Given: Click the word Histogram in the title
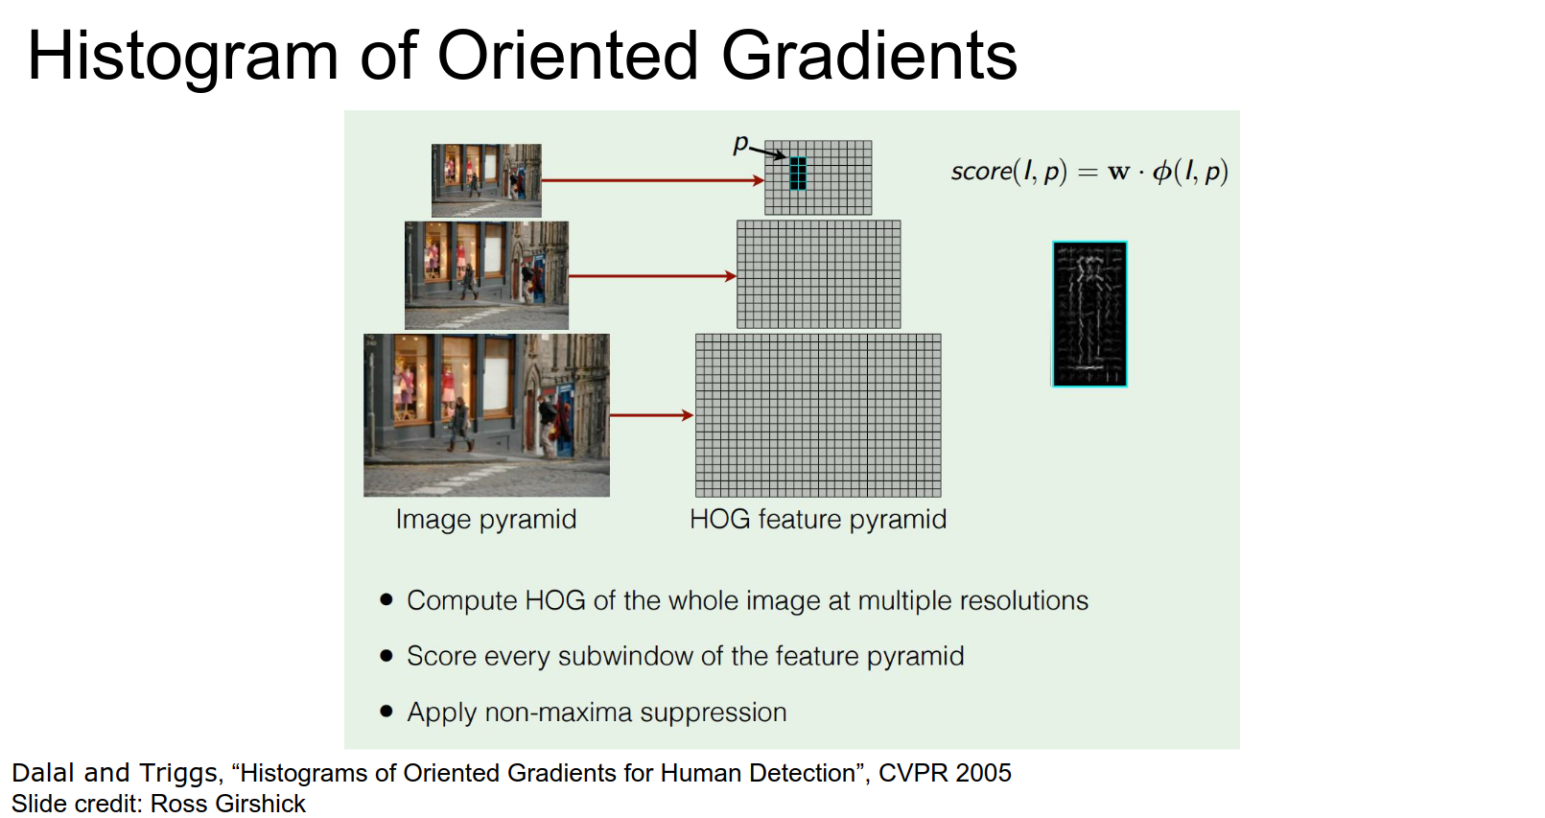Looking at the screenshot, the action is point(183,58).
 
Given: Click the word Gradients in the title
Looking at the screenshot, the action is point(869,56).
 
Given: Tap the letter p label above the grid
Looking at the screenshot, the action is point(740,144).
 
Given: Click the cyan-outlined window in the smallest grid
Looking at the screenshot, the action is point(797,174).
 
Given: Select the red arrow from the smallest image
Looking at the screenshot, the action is point(653,180).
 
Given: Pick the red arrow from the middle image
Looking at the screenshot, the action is point(652,276).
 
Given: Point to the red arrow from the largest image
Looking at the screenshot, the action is point(652,415).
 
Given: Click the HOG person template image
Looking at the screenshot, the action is point(1089,314).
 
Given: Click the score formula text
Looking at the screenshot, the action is point(1089,171).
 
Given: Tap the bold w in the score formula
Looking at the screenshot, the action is point(1119,172).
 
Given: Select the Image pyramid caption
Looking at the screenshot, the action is point(486,520).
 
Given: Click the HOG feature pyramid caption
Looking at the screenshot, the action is point(818,520).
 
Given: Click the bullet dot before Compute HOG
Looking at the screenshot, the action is point(386,599).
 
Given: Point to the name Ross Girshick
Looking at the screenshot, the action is point(228,805).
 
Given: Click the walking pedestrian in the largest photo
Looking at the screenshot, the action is point(458,425).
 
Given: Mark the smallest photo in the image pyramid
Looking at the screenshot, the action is point(486,180).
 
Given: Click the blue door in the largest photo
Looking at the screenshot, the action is point(566,421).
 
